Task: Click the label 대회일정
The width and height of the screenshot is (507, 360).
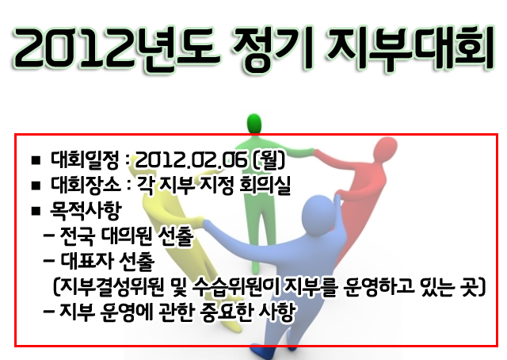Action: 85,159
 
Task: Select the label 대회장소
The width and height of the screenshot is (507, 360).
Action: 86,185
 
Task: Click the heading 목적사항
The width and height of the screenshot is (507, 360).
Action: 86,210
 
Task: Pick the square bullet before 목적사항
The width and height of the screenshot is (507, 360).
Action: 36,212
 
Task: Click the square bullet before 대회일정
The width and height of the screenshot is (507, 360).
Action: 36,160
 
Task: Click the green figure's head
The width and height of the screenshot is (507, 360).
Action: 254,124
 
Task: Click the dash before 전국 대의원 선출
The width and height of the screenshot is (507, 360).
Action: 49,236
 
